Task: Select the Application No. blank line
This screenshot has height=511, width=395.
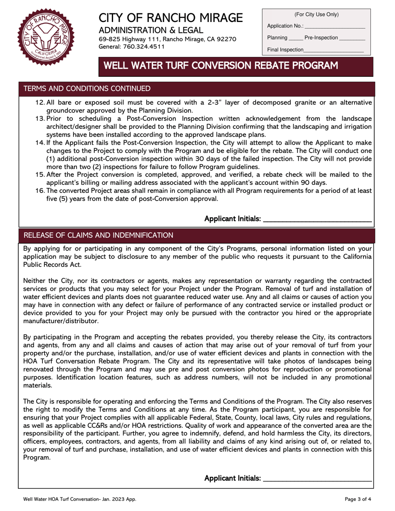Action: point(335,27)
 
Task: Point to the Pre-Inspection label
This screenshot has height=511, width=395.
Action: point(321,38)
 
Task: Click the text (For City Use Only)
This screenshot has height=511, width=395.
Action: point(316,15)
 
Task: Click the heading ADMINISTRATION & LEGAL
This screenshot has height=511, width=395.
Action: point(151,30)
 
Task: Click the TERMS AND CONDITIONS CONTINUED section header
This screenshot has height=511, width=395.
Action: point(87,88)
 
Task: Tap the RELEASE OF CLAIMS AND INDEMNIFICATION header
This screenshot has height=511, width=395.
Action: point(99,236)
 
